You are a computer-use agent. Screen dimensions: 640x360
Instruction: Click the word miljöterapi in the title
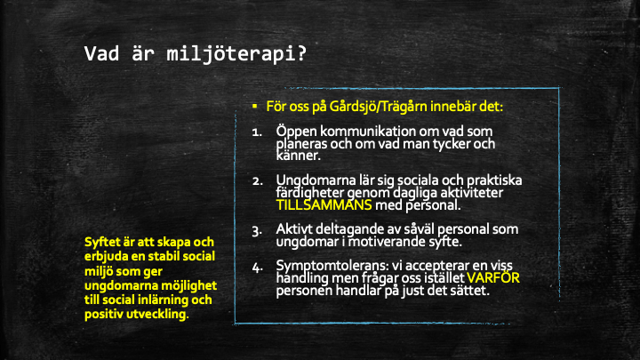[236, 54]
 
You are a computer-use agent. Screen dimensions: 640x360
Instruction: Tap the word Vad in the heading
[101, 54]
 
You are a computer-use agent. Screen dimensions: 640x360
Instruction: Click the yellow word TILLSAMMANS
[324, 205]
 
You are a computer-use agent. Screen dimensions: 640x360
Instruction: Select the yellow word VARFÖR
[493, 278]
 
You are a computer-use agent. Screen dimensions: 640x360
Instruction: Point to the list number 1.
[257, 132]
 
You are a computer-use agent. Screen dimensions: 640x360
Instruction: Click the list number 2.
[257, 180]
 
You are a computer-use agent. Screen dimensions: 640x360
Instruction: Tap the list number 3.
[257, 231]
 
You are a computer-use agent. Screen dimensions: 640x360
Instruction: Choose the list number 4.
[257, 268]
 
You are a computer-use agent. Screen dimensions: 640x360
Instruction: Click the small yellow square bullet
[255, 106]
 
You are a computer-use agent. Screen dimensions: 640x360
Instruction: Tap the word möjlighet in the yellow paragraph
[189, 285]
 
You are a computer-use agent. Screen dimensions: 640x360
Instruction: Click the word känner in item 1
[299, 156]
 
